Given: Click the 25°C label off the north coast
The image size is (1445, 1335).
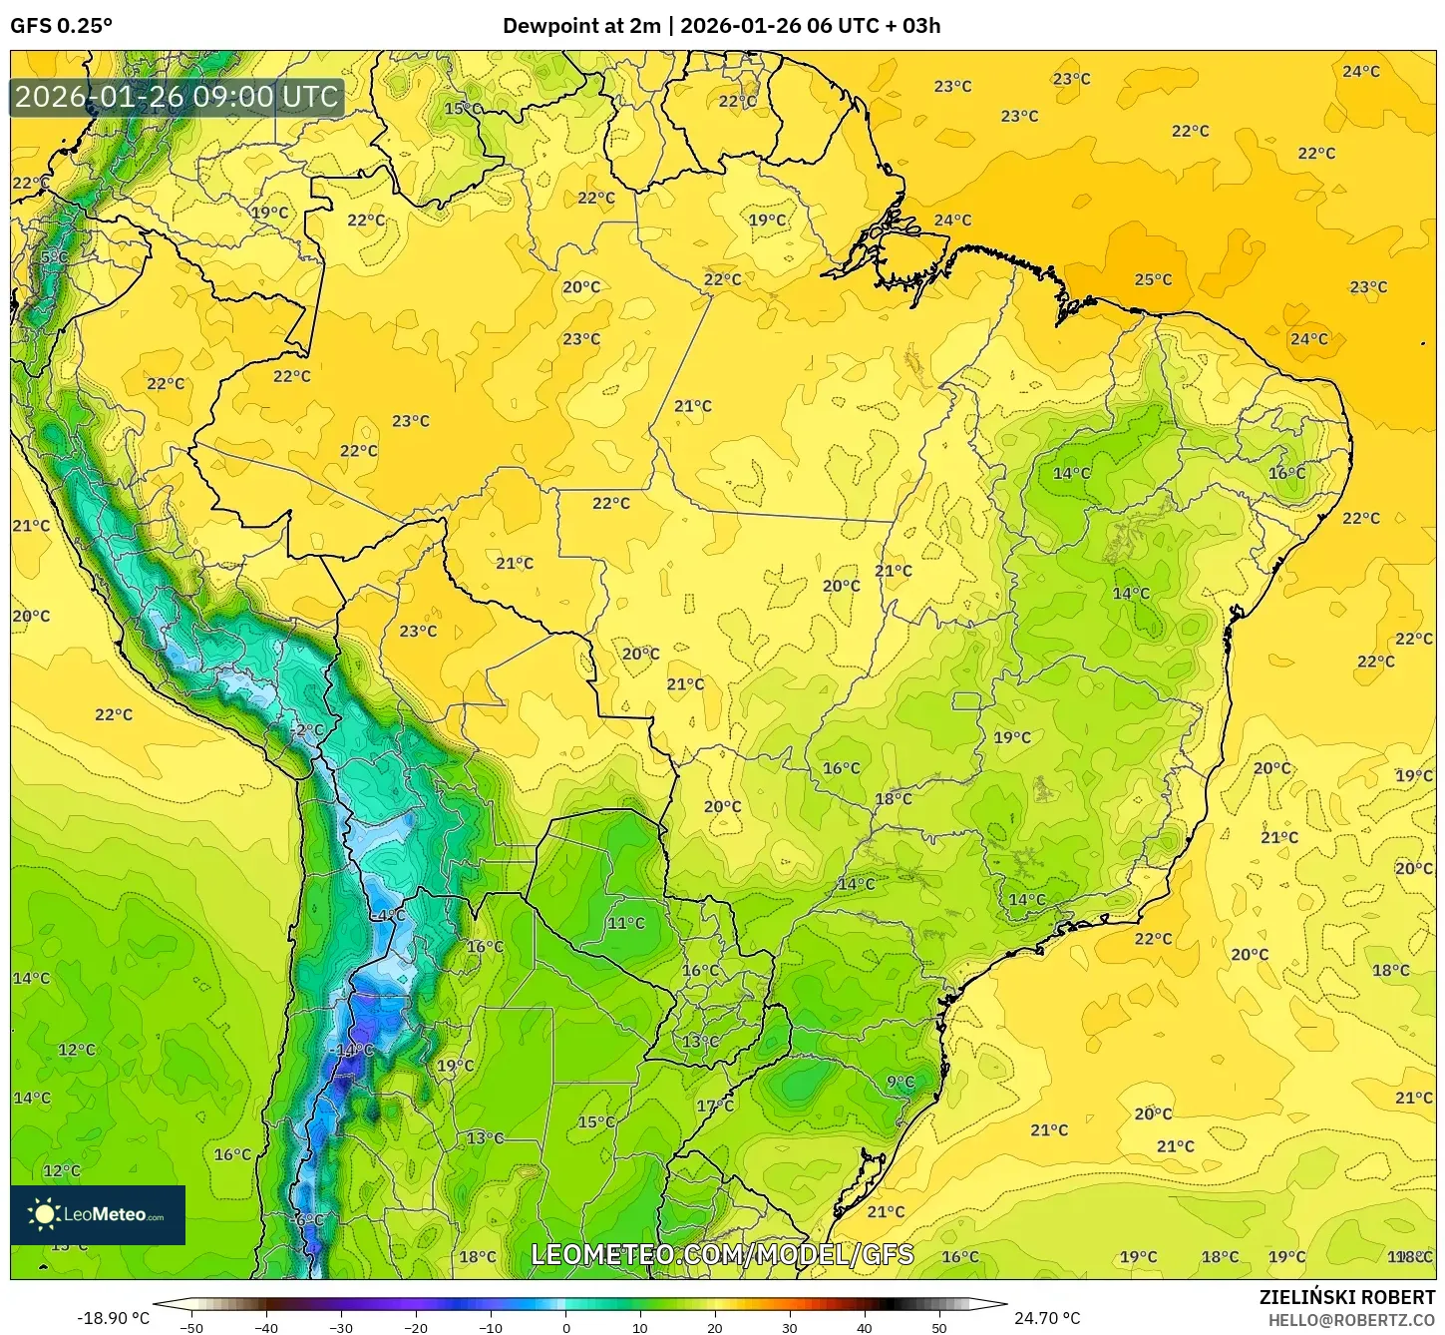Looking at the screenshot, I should coord(1153,279).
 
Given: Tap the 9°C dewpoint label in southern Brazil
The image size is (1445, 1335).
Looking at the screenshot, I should coord(901,1082).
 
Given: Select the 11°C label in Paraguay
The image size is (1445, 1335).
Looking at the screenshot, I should coord(626,923).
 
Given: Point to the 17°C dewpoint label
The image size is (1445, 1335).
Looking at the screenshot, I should coord(715,1106).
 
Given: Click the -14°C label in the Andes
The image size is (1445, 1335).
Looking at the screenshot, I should coord(353,1050).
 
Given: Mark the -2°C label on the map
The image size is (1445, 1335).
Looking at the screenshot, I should coord(307,729).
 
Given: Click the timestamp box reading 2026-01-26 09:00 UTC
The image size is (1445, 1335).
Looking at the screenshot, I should coord(177,97).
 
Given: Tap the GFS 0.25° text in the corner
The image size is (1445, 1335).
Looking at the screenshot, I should coord(61,26).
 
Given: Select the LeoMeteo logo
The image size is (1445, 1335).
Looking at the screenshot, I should coord(98,1214).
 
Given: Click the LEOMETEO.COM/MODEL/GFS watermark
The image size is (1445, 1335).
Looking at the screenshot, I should coord(722,1254).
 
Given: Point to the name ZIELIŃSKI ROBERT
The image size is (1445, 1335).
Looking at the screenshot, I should coord(1346,1297).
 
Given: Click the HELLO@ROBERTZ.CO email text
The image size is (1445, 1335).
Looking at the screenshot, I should coord(1351,1320).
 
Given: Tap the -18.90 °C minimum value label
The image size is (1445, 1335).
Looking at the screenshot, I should coord(113,1318).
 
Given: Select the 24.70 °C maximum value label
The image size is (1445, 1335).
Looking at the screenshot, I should coord(1047,1318).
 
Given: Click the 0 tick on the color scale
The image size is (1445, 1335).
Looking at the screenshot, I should coord(565,1327).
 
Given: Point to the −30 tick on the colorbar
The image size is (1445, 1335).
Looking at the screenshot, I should coord(340,1327).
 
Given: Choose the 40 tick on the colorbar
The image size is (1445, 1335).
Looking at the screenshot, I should coord(865,1327).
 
